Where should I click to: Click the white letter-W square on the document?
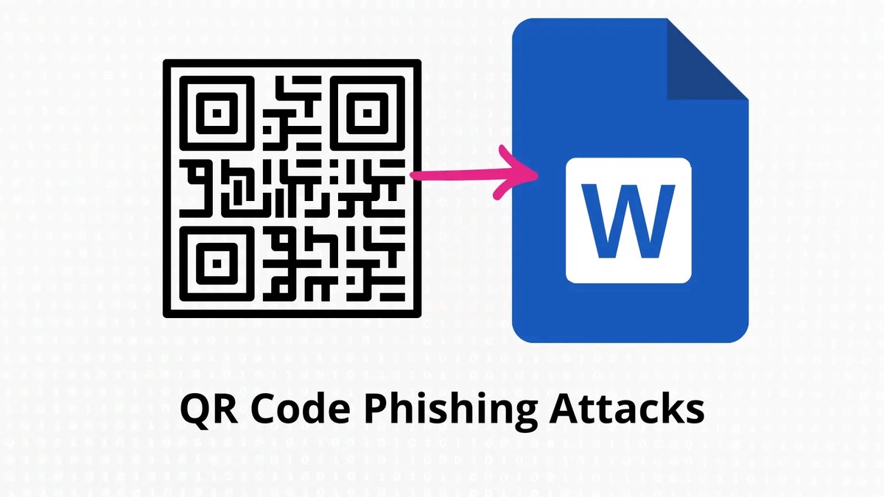click(628, 220)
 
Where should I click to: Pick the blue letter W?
click(628, 221)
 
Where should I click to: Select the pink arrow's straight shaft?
click(457, 176)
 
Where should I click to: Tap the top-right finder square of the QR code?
click(367, 112)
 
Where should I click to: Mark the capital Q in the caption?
click(194, 410)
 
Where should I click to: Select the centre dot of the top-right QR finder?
click(367, 112)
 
